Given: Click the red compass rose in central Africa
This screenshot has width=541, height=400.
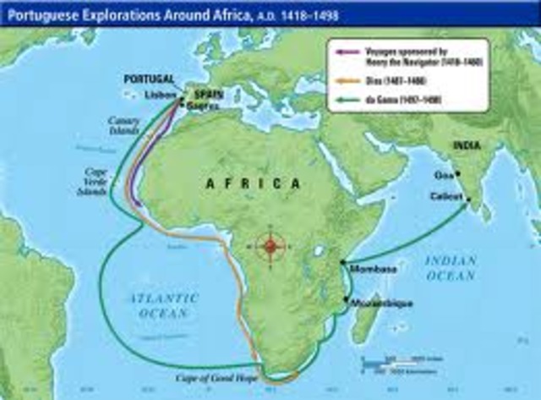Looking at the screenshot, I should pos(270,246).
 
